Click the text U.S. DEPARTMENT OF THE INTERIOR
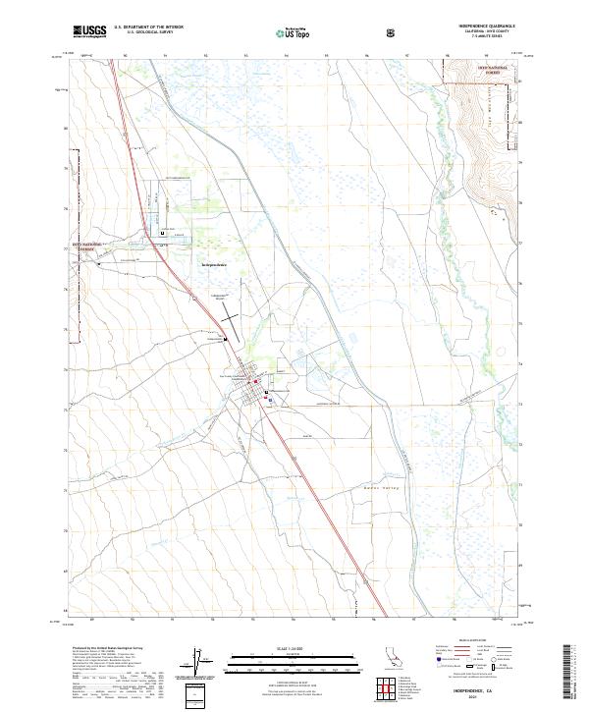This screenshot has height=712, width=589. pyautogui.click(x=148, y=27)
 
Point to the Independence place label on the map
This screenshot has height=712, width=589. pyautogui.click(x=214, y=265)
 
